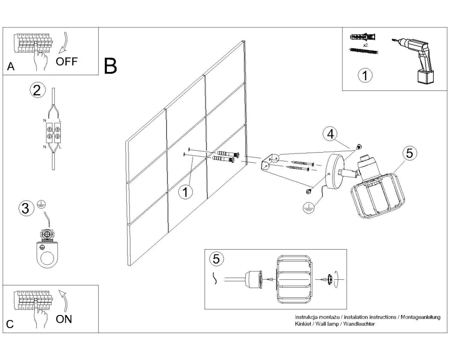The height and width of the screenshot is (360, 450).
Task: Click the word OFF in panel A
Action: [67, 61]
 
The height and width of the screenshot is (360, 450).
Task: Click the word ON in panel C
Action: [64, 319]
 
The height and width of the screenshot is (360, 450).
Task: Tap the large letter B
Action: [110, 66]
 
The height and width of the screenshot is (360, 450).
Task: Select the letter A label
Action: [11, 67]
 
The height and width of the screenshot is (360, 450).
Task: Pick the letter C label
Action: [10, 325]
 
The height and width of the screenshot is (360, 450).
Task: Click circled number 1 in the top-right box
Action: [366, 75]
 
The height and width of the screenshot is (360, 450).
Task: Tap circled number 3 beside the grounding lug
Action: [26, 208]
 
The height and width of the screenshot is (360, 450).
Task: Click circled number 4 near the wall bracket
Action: [330, 135]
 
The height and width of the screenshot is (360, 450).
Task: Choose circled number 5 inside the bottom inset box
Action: [216, 259]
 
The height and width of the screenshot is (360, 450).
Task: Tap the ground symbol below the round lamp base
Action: [307, 208]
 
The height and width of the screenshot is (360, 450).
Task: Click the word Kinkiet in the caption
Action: [304, 324]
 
